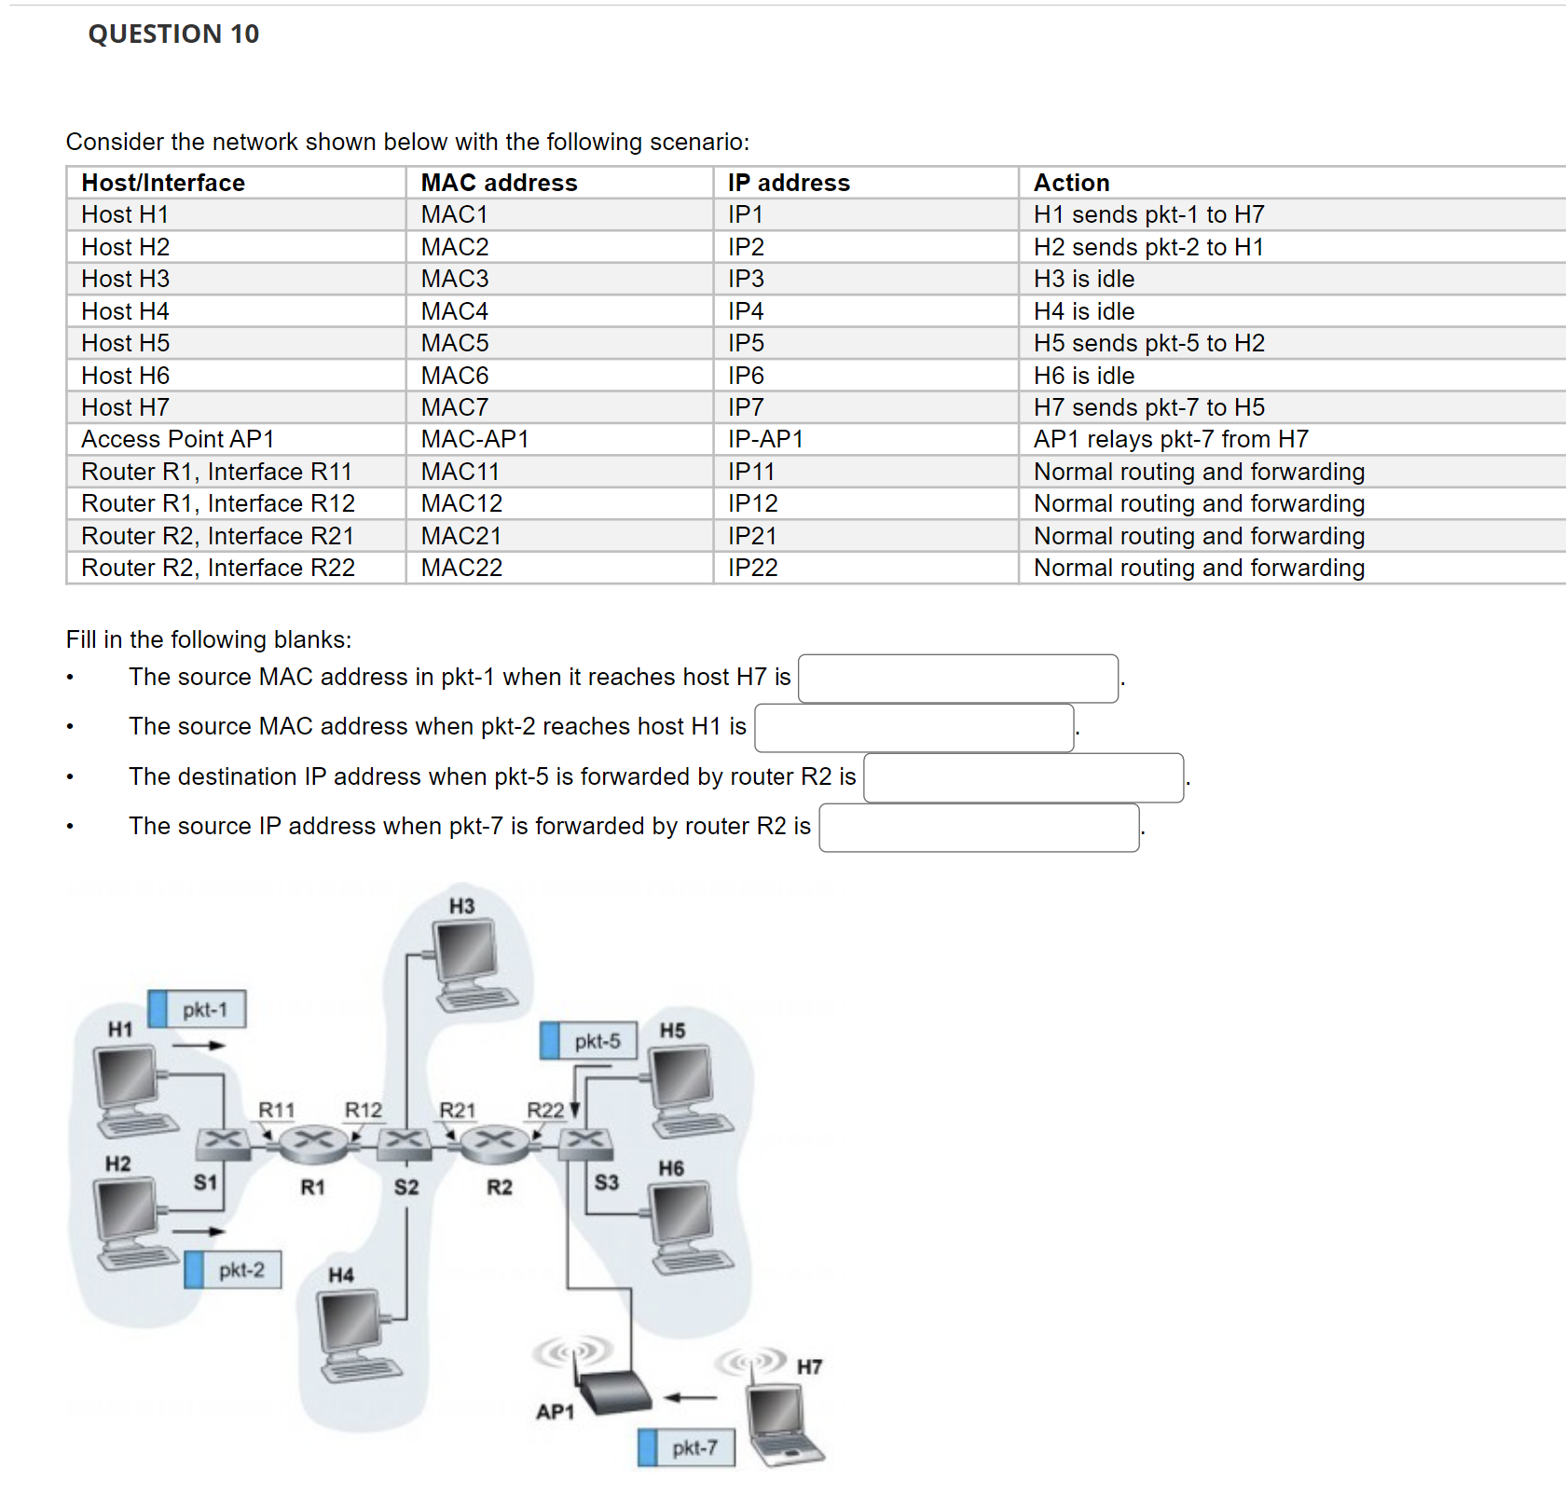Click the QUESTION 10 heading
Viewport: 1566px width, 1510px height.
pos(173,34)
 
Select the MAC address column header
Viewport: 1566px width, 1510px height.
pos(499,183)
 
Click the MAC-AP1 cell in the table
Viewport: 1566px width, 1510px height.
pos(474,439)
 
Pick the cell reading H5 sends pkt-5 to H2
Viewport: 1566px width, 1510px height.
pos(1148,343)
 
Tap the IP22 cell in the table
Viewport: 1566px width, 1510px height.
pos(752,568)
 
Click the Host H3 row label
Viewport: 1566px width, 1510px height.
pos(125,279)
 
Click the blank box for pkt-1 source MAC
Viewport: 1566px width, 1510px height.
pos(957,679)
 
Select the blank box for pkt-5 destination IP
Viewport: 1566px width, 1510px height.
pos(1023,778)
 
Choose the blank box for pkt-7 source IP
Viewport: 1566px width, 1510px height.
pos(979,828)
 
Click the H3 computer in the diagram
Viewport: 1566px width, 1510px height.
pos(471,964)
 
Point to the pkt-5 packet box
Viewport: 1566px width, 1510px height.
pos(588,1041)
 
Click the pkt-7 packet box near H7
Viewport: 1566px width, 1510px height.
pos(686,1448)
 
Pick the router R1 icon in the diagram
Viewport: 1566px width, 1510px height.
pos(313,1143)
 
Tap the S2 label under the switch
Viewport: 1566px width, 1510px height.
pos(405,1187)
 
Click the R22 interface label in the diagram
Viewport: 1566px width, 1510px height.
pos(545,1110)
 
